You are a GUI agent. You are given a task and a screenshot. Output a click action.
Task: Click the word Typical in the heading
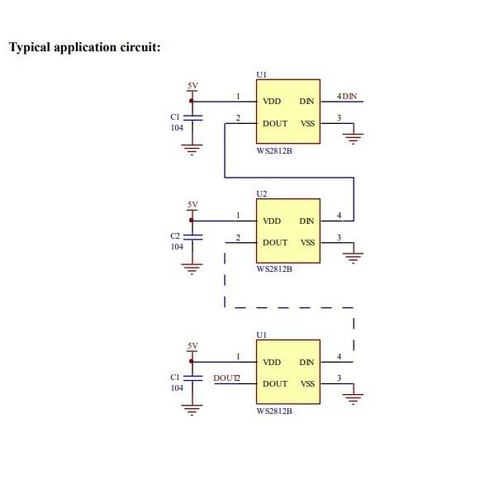point(31,46)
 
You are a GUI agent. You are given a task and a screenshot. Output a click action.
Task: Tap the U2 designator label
point(262,193)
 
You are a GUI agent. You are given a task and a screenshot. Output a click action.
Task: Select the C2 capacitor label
point(176,236)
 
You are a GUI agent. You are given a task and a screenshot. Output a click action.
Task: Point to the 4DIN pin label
point(347,97)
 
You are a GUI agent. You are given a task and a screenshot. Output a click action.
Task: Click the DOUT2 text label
point(226,378)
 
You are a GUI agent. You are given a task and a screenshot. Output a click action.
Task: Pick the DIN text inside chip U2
point(307,221)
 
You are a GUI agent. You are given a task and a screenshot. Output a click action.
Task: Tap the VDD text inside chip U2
point(272,221)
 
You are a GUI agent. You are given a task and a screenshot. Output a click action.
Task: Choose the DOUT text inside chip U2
point(275,243)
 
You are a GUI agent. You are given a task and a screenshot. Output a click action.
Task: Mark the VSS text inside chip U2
point(307,243)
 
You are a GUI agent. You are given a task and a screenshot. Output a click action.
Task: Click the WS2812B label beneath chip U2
point(274,269)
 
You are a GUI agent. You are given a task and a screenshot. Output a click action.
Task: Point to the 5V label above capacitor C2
point(193,204)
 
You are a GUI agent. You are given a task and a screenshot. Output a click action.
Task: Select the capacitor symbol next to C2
point(193,236)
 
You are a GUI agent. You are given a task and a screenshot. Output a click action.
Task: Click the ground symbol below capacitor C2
point(193,268)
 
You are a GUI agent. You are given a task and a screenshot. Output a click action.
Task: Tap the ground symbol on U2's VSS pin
point(354,258)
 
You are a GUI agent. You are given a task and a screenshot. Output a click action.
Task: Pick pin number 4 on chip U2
point(339,216)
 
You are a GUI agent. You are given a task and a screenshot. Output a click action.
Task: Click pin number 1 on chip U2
point(238,216)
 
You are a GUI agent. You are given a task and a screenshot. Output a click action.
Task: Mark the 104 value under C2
point(177,246)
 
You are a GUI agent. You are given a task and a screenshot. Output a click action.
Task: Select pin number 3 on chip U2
point(339,238)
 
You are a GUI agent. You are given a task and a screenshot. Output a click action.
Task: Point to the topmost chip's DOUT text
point(275,124)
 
